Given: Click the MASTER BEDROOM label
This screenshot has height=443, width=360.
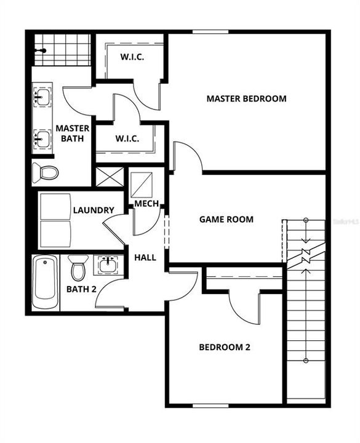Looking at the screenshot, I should (246, 98).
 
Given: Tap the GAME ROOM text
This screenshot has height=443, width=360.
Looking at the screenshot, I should (226, 220).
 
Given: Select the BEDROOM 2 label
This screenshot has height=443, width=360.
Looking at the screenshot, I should (224, 347).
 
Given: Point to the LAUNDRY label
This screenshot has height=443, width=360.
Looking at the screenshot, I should (94, 210).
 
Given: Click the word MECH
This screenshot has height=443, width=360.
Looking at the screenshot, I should (147, 204).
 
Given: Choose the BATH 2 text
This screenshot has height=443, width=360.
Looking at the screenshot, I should (81, 289).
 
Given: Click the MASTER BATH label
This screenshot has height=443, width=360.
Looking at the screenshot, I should (73, 134).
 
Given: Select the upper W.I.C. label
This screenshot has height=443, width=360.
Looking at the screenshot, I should (132, 58).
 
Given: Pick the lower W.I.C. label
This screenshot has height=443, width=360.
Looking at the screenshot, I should (129, 138).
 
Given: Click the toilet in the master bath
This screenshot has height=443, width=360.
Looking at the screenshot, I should (45, 172).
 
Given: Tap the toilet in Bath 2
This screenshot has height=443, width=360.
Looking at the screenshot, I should (78, 268).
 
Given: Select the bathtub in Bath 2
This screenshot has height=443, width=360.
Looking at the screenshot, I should (46, 284).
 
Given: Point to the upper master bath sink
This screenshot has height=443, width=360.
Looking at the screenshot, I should (42, 97).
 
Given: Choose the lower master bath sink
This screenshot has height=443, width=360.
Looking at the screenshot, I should (42, 138).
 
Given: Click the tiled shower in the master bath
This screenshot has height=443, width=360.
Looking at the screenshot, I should (61, 50).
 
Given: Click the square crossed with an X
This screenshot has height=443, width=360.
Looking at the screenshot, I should (109, 176).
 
